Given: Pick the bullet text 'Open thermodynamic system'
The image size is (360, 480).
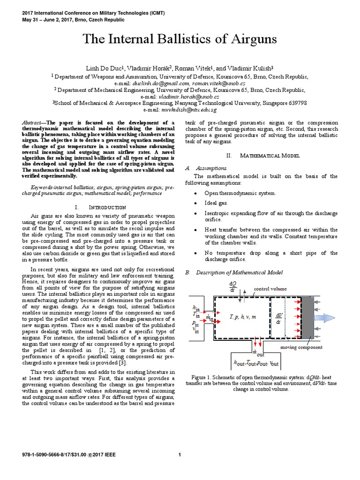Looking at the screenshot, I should [x=240, y=193].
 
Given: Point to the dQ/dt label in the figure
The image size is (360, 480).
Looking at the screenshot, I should [x=232, y=287].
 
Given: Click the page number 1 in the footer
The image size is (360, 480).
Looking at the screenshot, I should [x=180, y=454].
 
